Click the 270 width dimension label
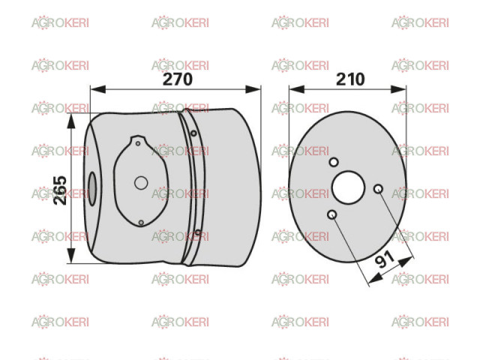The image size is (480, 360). (178, 79)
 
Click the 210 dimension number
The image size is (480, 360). (350, 79)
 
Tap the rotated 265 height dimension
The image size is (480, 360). (60, 190)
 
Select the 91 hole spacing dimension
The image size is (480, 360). (385, 259)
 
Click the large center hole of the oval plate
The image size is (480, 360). (348, 187)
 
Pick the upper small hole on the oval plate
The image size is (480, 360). (334, 162)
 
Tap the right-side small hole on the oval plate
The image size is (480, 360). (378, 188)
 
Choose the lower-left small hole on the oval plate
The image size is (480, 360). (331, 214)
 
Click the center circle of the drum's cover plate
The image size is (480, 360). (141, 183)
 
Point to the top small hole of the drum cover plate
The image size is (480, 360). (138, 143)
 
